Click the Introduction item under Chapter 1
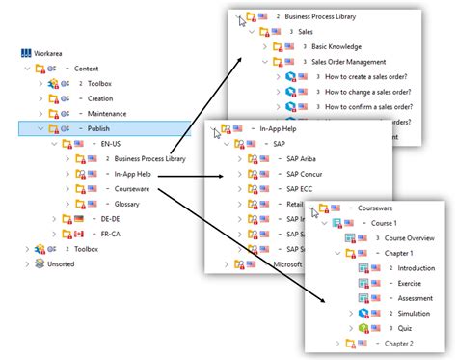tap(417, 268)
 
